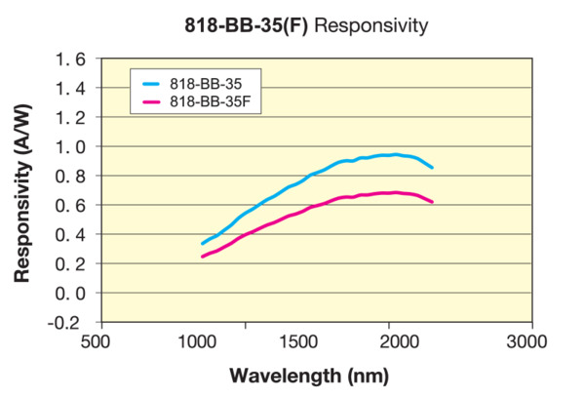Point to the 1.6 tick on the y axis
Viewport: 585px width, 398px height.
[x=71, y=60]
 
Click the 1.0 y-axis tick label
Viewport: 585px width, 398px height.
[x=71, y=146]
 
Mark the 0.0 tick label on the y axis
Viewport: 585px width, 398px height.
[x=71, y=293]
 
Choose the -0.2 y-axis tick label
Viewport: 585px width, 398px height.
[x=68, y=322]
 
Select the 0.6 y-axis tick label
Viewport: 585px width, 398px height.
[x=71, y=205]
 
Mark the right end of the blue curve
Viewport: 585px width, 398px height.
[x=432, y=168]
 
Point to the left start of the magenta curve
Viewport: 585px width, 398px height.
[x=203, y=257]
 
